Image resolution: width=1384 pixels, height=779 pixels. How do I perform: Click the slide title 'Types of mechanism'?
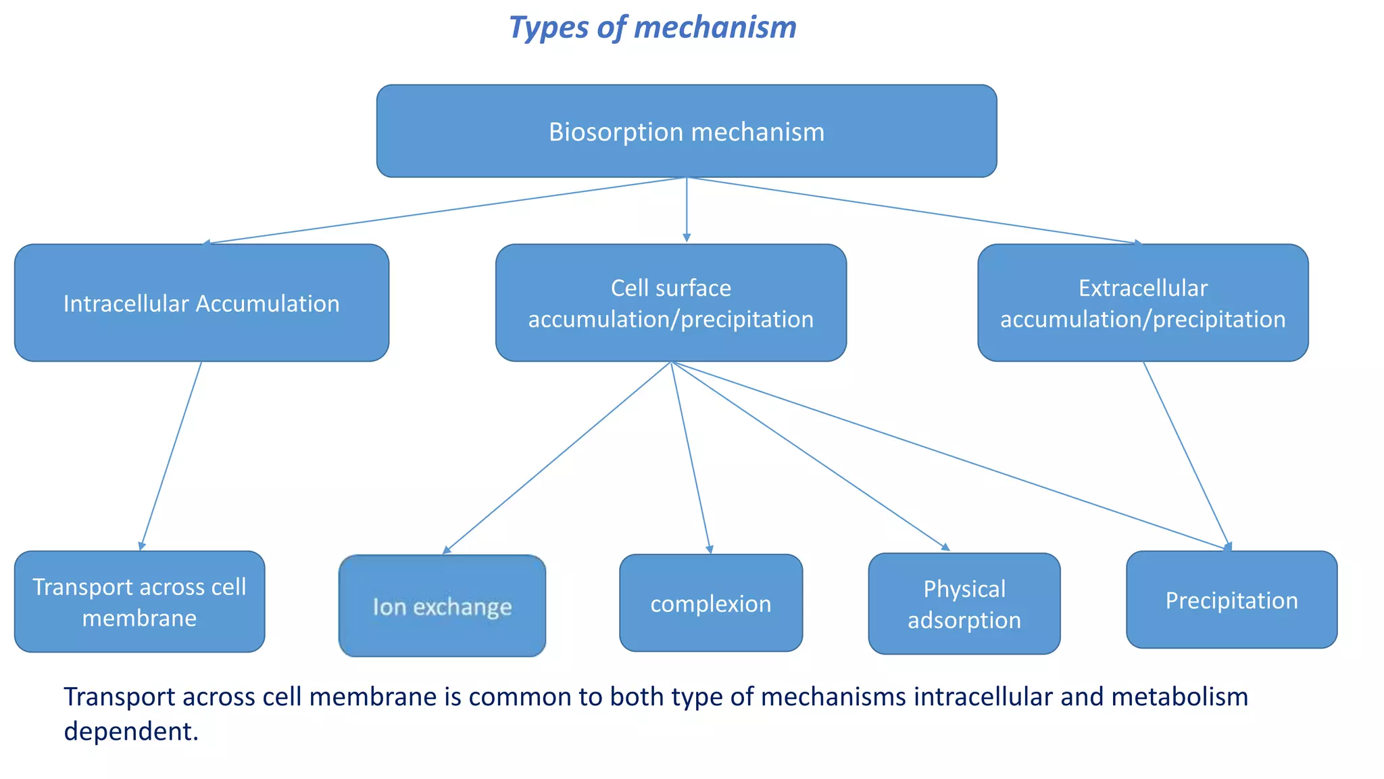[x=652, y=28]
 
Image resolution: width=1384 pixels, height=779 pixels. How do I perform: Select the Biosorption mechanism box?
[x=686, y=131]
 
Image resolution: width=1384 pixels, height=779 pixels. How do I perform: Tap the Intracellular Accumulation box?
[x=201, y=303]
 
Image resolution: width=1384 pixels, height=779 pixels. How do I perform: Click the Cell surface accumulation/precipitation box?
[x=670, y=303]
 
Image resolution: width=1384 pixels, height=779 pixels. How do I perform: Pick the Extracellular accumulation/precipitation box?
[x=1143, y=303]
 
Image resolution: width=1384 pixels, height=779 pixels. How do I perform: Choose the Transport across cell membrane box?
[x=139, y=602]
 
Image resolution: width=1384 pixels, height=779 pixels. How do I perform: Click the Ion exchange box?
[x=442, y=606]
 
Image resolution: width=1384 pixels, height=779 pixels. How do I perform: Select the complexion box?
[x=711, y=603]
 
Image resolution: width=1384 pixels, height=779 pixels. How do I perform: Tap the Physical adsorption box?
[x=964, y=604]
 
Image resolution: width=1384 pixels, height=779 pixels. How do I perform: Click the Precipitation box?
[x=1231, y=600]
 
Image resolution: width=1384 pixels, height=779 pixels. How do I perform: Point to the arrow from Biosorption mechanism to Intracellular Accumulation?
[x=445, y=210]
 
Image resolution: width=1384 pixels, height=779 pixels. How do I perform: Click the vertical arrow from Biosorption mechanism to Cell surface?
[x=687, y=210]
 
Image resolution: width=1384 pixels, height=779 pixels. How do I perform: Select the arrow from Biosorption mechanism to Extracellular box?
[x=914, y=210]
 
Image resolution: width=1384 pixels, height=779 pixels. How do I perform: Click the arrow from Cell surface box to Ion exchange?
[x=557, y=458]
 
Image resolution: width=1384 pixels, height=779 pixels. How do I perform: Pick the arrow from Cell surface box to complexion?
[x=690, y=458]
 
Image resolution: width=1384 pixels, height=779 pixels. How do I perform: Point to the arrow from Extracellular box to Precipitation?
[x=1186, y=454]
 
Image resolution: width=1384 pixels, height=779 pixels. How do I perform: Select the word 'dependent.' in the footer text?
[x=131, y=731]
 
